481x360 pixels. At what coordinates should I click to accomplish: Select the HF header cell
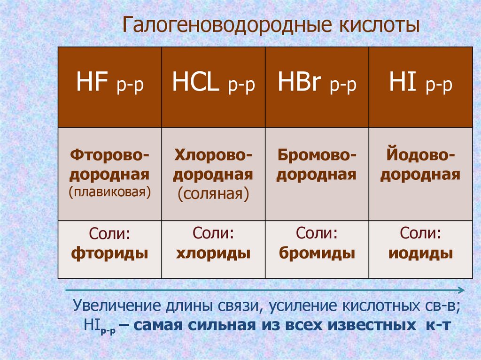tap(110, 87)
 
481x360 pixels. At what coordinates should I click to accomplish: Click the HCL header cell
tap(213, 87)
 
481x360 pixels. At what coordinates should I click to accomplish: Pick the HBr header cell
tap(317, 87)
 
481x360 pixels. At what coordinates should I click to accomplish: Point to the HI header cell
tap(421, 87)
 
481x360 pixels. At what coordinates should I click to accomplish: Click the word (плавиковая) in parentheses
tap(110, 192)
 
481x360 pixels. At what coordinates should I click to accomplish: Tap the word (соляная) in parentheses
tap(213, 194)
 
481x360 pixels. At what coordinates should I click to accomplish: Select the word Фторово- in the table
tap(110, 154)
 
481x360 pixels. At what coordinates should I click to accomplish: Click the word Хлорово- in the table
tap(213, 154)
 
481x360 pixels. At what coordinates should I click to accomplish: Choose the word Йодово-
tap(420, 154)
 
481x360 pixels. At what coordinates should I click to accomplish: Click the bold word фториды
tap(110, 254)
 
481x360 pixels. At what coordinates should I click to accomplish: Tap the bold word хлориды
tap(213, 254)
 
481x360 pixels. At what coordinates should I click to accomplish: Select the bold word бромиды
tap(317, 254)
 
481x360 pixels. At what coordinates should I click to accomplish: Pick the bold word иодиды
tap(421, 254)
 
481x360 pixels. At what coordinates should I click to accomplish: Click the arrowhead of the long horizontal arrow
tap(462, 290)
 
